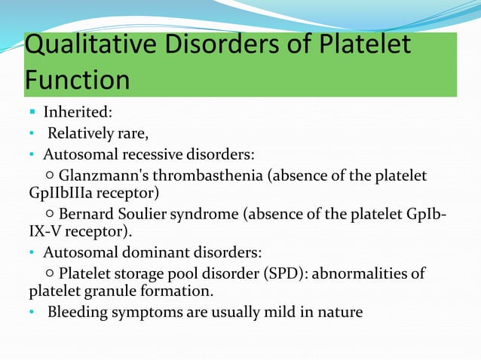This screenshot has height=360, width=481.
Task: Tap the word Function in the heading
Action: point(77,79)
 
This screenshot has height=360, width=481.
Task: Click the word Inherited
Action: point(78,113)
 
